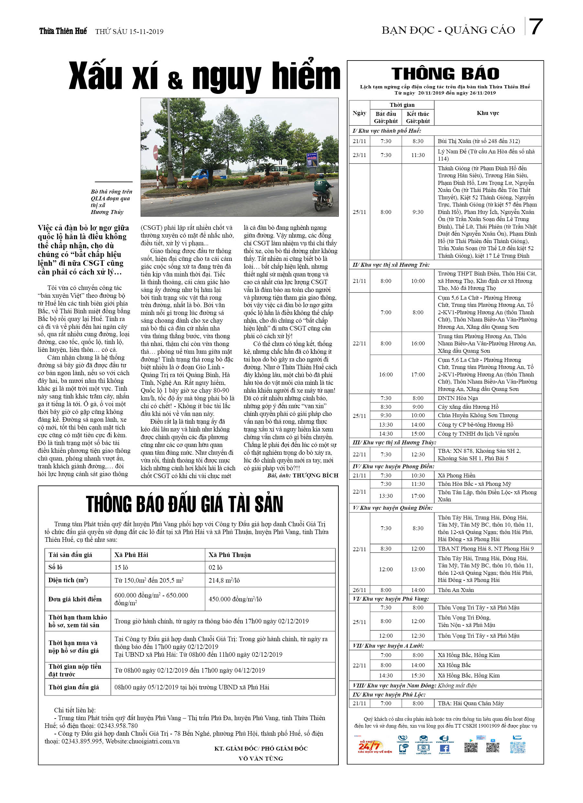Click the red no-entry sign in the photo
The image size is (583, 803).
(155, 152)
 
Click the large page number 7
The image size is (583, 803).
(535, 27)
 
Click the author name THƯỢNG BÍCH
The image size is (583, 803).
(315, 475)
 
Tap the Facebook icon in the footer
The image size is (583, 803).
(445, 749)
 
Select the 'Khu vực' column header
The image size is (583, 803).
(488, 113)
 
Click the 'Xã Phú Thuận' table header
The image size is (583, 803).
(229, 555)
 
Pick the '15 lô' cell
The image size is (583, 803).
(121, 567)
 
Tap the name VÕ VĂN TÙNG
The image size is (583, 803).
(261, 758)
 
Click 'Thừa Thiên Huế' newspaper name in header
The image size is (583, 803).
(63, 31)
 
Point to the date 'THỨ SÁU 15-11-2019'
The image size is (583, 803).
(129, 32)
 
